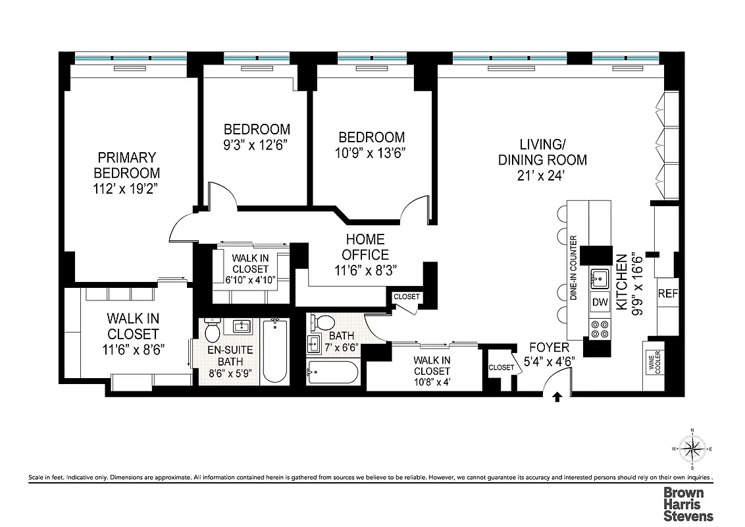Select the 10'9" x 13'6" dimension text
click(x=371, y=153)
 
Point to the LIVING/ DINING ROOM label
click(x=542, y=152)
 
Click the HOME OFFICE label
click(x=367, y=247)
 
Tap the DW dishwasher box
click(x=600, y=302)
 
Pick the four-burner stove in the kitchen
click(x=600, y=328)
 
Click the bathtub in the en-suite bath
click(x=274, y=350)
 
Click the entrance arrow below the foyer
click(x=558, y=397)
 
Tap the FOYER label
click(x=548, y=347)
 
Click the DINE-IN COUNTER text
click(x=573, y=268)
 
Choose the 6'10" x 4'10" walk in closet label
click(x=249, y=264)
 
